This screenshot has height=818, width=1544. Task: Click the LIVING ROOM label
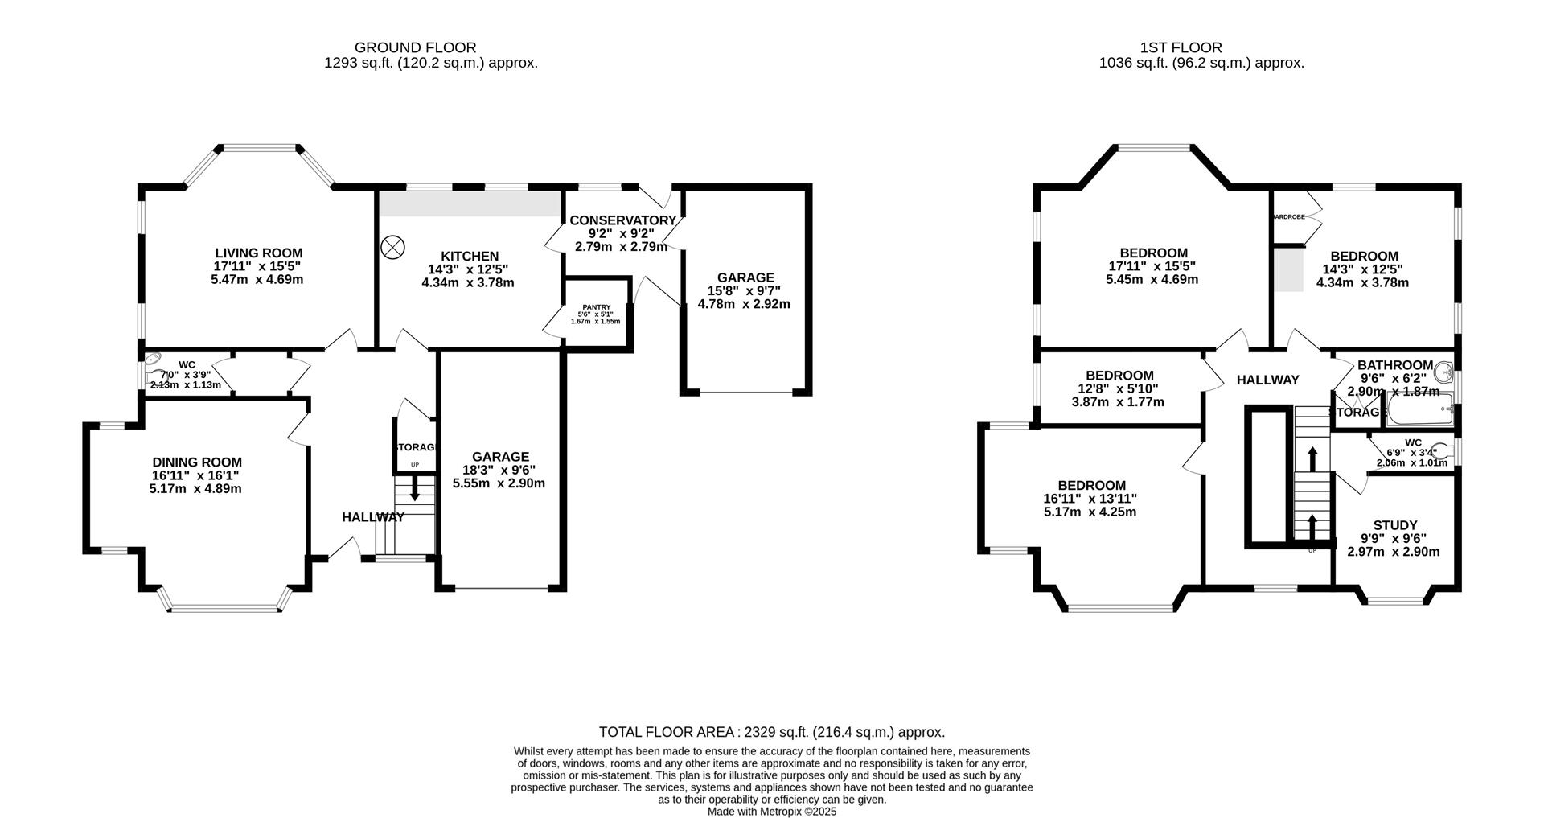[258, 253]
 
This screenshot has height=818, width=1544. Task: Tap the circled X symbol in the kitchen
[392, 247]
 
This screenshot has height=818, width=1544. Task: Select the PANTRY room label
[596, 306]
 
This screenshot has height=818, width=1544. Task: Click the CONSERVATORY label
[622, 220]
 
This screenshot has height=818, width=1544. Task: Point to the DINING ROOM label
[197, 462]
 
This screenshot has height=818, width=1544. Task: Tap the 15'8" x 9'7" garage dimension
[745, 291]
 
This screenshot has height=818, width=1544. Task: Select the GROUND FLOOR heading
[415, 47]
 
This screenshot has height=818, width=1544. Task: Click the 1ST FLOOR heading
[1181, 47]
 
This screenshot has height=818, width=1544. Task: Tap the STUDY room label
[1394, 525]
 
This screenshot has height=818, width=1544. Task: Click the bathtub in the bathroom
[1420, 409]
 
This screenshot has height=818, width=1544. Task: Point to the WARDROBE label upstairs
[1287, 216]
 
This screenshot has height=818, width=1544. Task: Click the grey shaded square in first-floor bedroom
[1287, 269]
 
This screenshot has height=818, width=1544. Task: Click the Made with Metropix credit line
[771, 812]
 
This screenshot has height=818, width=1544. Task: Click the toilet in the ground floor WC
[153, 363]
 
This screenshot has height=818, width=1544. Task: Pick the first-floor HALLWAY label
[1267, 380]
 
